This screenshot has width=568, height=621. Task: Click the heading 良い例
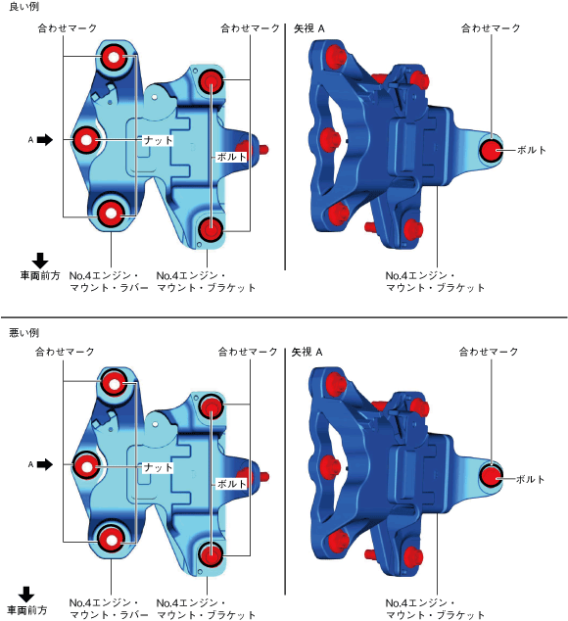(24, 7)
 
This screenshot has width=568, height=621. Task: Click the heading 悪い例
(24, 333)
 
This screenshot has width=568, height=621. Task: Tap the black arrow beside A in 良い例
(45, 140)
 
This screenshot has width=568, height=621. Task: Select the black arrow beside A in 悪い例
(45, 464)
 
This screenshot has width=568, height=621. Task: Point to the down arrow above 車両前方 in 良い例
(40, 261)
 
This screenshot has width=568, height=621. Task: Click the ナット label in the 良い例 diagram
(158, 140)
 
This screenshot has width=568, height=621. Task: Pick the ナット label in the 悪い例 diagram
(158, 468)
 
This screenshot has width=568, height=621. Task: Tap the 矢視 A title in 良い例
(309, 28)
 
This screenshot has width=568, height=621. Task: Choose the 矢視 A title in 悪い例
(307, 352)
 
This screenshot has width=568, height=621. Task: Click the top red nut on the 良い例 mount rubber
(114, 57)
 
